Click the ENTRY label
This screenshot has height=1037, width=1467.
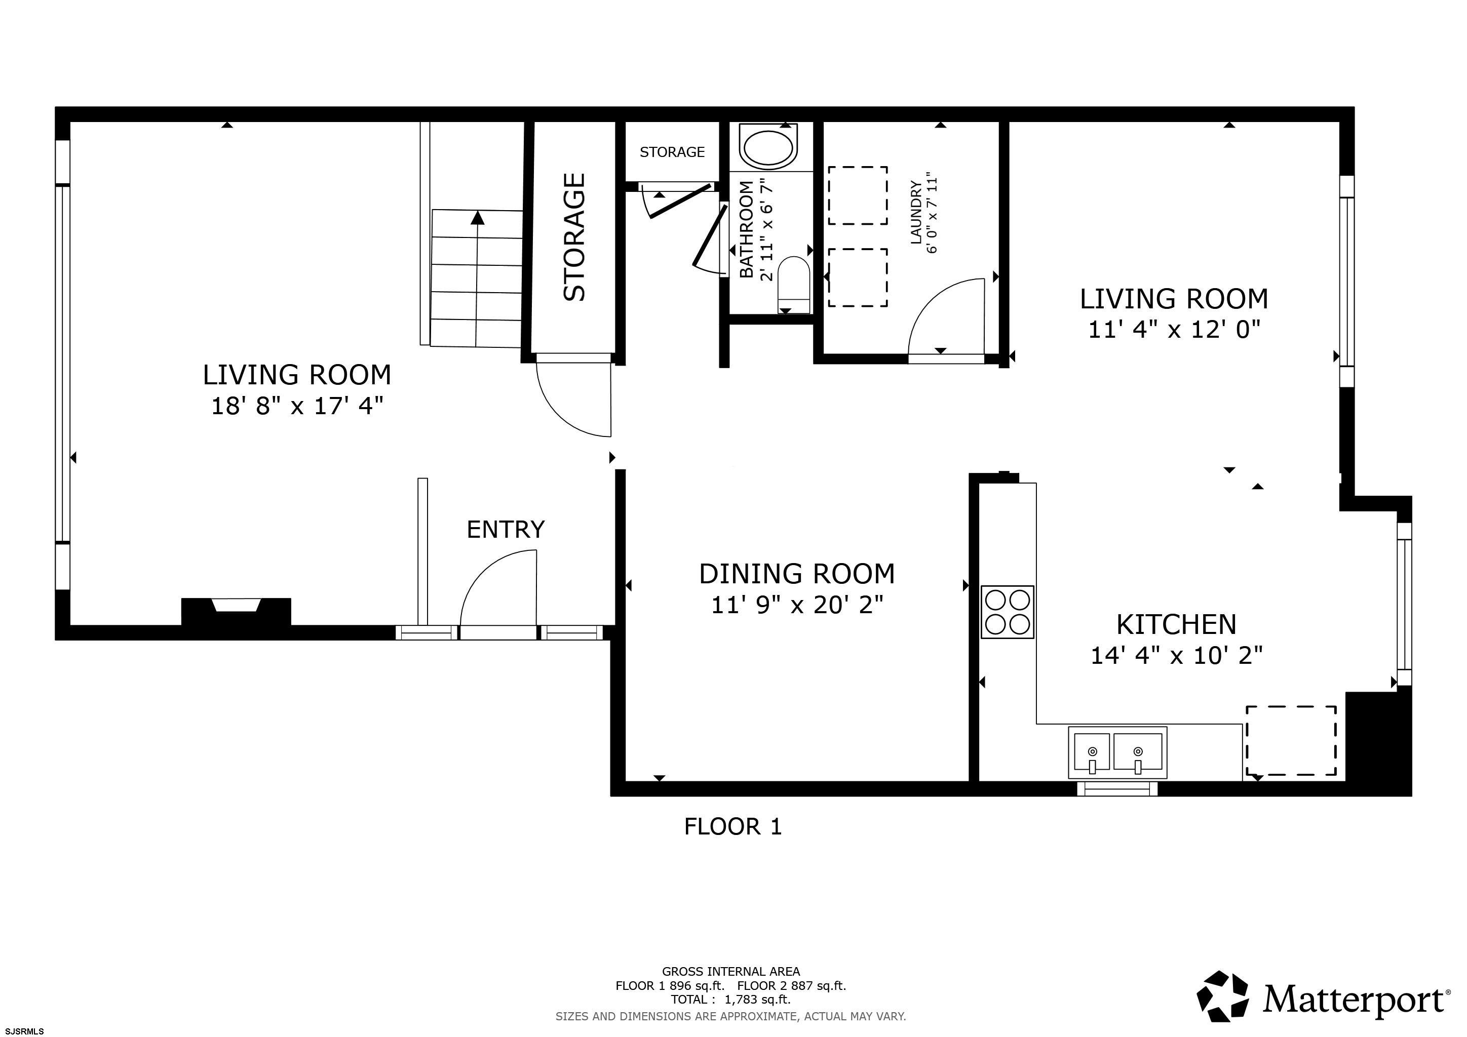[506, 529]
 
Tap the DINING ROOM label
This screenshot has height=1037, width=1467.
[797, 574]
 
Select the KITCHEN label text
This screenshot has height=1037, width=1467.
[1176, 624]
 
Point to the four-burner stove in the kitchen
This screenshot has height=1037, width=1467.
[1008, 612]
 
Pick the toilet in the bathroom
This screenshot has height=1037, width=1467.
[794, 285]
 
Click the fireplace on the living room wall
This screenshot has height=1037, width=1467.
[237, 611]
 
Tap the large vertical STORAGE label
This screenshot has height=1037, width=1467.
[574, 237]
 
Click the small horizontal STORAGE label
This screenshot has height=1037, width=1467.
[672, 152]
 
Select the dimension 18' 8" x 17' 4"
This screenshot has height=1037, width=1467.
[297, 406]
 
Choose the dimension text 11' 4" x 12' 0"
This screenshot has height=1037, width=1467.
[1174, 330]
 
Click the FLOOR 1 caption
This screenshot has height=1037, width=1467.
[733, 827]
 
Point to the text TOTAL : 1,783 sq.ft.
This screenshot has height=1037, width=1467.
[730, 1000]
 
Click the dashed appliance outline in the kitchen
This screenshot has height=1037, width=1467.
[1291, 740]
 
